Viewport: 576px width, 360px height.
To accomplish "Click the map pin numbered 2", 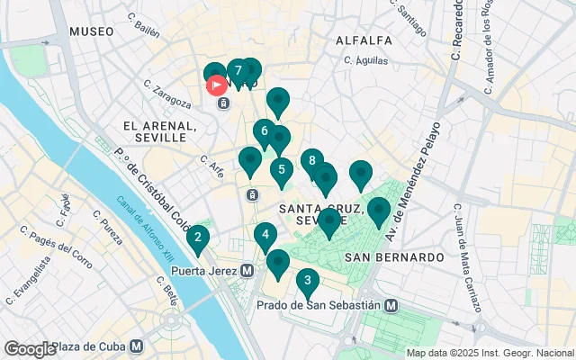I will click(x=197, y=238).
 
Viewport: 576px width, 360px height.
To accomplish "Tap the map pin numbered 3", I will click(x=308, y=281).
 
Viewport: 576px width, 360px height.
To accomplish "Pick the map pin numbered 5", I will click(x=282, y=169).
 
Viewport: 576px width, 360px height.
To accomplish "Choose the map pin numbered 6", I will click(x=264, y=131).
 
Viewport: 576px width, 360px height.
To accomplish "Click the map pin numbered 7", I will click(x=238, y=71).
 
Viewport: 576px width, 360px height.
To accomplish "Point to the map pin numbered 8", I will click(x=311, y=162).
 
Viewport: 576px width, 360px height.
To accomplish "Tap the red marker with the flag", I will click(x=218, y=85).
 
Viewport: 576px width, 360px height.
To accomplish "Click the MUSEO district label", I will click(x=91, y=31).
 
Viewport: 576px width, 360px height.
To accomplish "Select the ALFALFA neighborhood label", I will click(x=364, y=40).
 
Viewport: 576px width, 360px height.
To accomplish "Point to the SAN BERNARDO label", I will click(x=394, y=257).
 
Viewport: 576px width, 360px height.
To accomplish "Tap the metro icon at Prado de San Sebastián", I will click(x=391, y=305).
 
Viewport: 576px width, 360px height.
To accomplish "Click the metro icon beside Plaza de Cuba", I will click(x=136, y=346).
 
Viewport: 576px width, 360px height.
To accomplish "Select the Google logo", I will click(x=30, y=348).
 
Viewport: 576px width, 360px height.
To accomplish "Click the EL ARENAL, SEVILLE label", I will click(x=160, y=131).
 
